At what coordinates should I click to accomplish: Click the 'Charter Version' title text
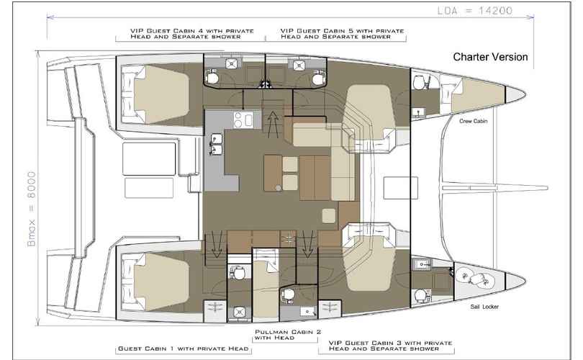pos(490,57)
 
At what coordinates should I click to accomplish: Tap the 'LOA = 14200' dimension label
pos(475,10)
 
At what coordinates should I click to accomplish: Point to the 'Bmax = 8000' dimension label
pos(32,209)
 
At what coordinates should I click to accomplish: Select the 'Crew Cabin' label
pos(474,121)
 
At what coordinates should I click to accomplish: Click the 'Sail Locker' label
pos(484,307)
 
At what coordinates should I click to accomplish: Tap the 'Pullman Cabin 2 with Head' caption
pos(288,335)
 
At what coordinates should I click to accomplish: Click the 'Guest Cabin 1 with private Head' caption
pos(184,349)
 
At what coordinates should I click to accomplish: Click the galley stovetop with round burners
pos(243,120)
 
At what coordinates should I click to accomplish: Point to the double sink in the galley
pos(216,144)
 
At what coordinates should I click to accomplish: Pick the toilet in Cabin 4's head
pos(212,77)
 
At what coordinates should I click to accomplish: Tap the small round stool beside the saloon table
pos(279,188)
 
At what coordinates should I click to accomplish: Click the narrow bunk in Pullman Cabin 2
pos(266,284)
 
